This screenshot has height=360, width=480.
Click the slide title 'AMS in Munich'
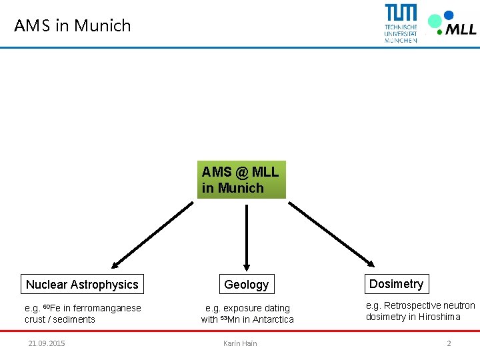pyautogui.click(x=73, y=26)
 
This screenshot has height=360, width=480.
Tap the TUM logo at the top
pyautogui.click(x=401, y=22)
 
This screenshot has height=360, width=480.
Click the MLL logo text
pyautogui.click(x=461, y=28)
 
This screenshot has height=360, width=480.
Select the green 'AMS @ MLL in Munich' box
pyautogui.click(x=241, y=179)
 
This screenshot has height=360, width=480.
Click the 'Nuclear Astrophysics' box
pyautogui.click(x=82, y=285)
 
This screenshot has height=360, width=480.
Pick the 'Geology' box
pyautogui.click(x=247, y=285)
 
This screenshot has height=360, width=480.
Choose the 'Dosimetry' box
pyautogui.click(x=396, y=284)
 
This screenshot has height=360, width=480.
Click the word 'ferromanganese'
pyautogui.click(x=109, y=308)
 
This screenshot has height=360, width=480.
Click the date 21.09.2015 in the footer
pyautogui.click(x=47, y=343)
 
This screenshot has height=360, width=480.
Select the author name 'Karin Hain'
pyautogui.click(x=240, y=343)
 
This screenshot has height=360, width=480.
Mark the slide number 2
pyautogui.click(x=449, y=343)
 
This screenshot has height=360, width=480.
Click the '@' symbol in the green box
pyautogui.click(x=241, y=172)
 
